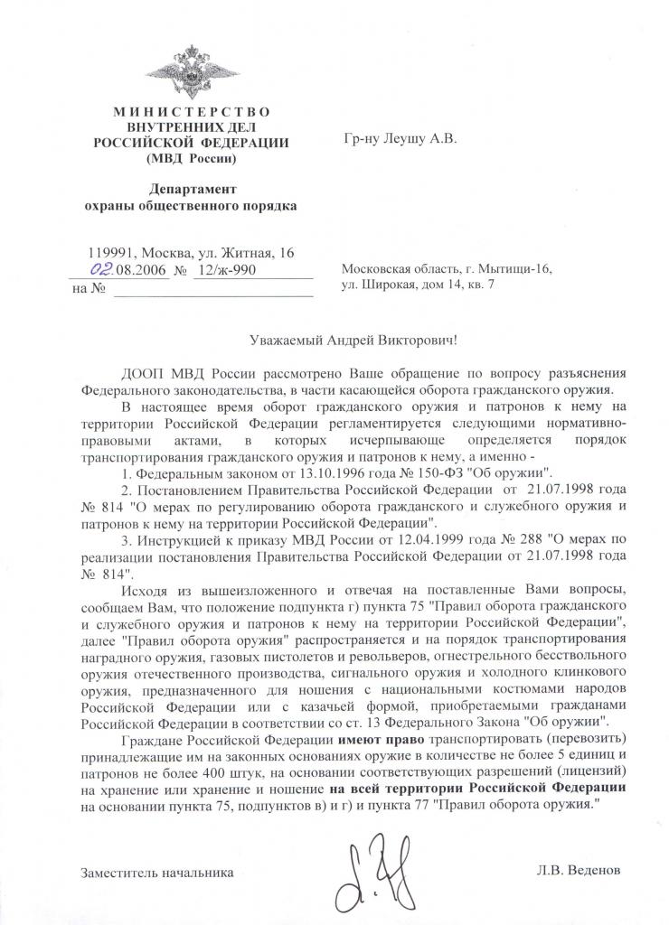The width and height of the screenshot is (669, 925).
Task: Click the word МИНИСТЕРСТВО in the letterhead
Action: (x=192, y=111)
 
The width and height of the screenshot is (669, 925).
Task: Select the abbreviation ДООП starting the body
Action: (x=138, y=373)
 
